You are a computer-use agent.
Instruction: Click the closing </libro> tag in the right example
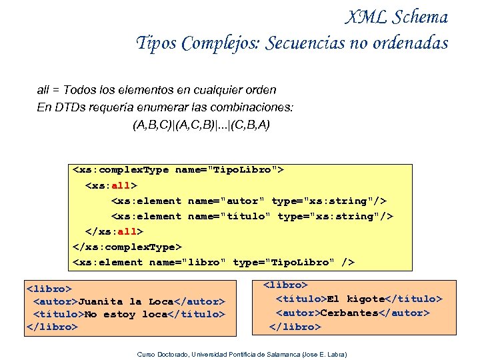tap(295, 327)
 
